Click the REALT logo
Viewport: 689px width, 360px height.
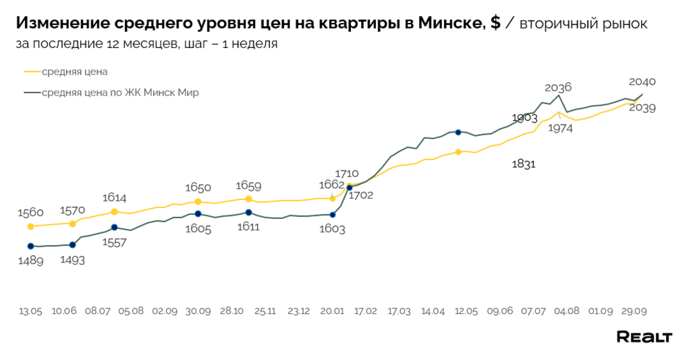click(644, 336)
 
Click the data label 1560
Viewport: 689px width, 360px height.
click(31, 213)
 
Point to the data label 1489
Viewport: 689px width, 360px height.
click(31, 260)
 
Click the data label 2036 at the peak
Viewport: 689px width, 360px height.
click(558, 87)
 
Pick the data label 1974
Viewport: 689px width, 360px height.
click(559, 128)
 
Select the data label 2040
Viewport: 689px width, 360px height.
click(642, 82)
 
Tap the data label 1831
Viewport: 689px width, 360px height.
click(523, 164)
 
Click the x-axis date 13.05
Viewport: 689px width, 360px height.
click(31, 311)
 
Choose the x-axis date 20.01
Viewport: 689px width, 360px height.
click(332, 311)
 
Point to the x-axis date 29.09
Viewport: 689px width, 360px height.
click(635, 311)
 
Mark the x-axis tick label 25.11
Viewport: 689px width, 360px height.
click(265, 311)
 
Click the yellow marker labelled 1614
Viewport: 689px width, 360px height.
click(114, 211)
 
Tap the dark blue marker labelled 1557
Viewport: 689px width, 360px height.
click(114, 227)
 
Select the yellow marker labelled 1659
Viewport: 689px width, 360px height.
click(249, 199)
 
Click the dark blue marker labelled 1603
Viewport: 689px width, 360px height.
click(332, 214)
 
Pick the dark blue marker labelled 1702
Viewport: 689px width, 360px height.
click(349, 188)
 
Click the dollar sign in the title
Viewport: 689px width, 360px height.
click(495, 24)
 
